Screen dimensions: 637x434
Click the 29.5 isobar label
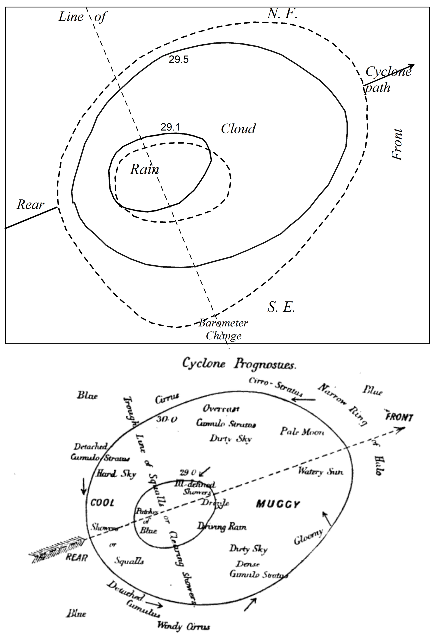(178, 59)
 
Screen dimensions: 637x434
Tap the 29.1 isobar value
(170, 127)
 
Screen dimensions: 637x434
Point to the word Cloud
(238, 129)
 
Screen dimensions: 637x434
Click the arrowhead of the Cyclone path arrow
(412, 66)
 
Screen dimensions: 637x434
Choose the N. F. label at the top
(282, 14)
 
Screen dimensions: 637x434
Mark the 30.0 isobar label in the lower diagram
(167, 419)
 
